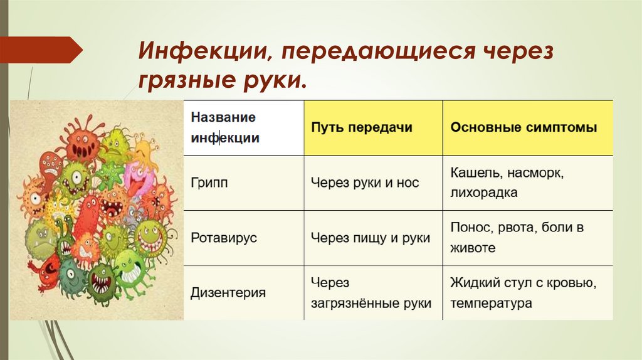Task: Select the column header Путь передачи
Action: coord(362,127)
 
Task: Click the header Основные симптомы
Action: coord(524,127)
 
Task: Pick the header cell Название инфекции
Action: coord(224,127)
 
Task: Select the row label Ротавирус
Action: coord(224,238)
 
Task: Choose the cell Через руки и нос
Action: coord(365,183)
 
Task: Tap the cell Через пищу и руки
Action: coord(371,238)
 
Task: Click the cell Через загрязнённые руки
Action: coord(371,294)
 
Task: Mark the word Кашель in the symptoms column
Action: coord(470,171)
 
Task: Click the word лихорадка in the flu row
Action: coord(483,193)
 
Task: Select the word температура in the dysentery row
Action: coord(491,304)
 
